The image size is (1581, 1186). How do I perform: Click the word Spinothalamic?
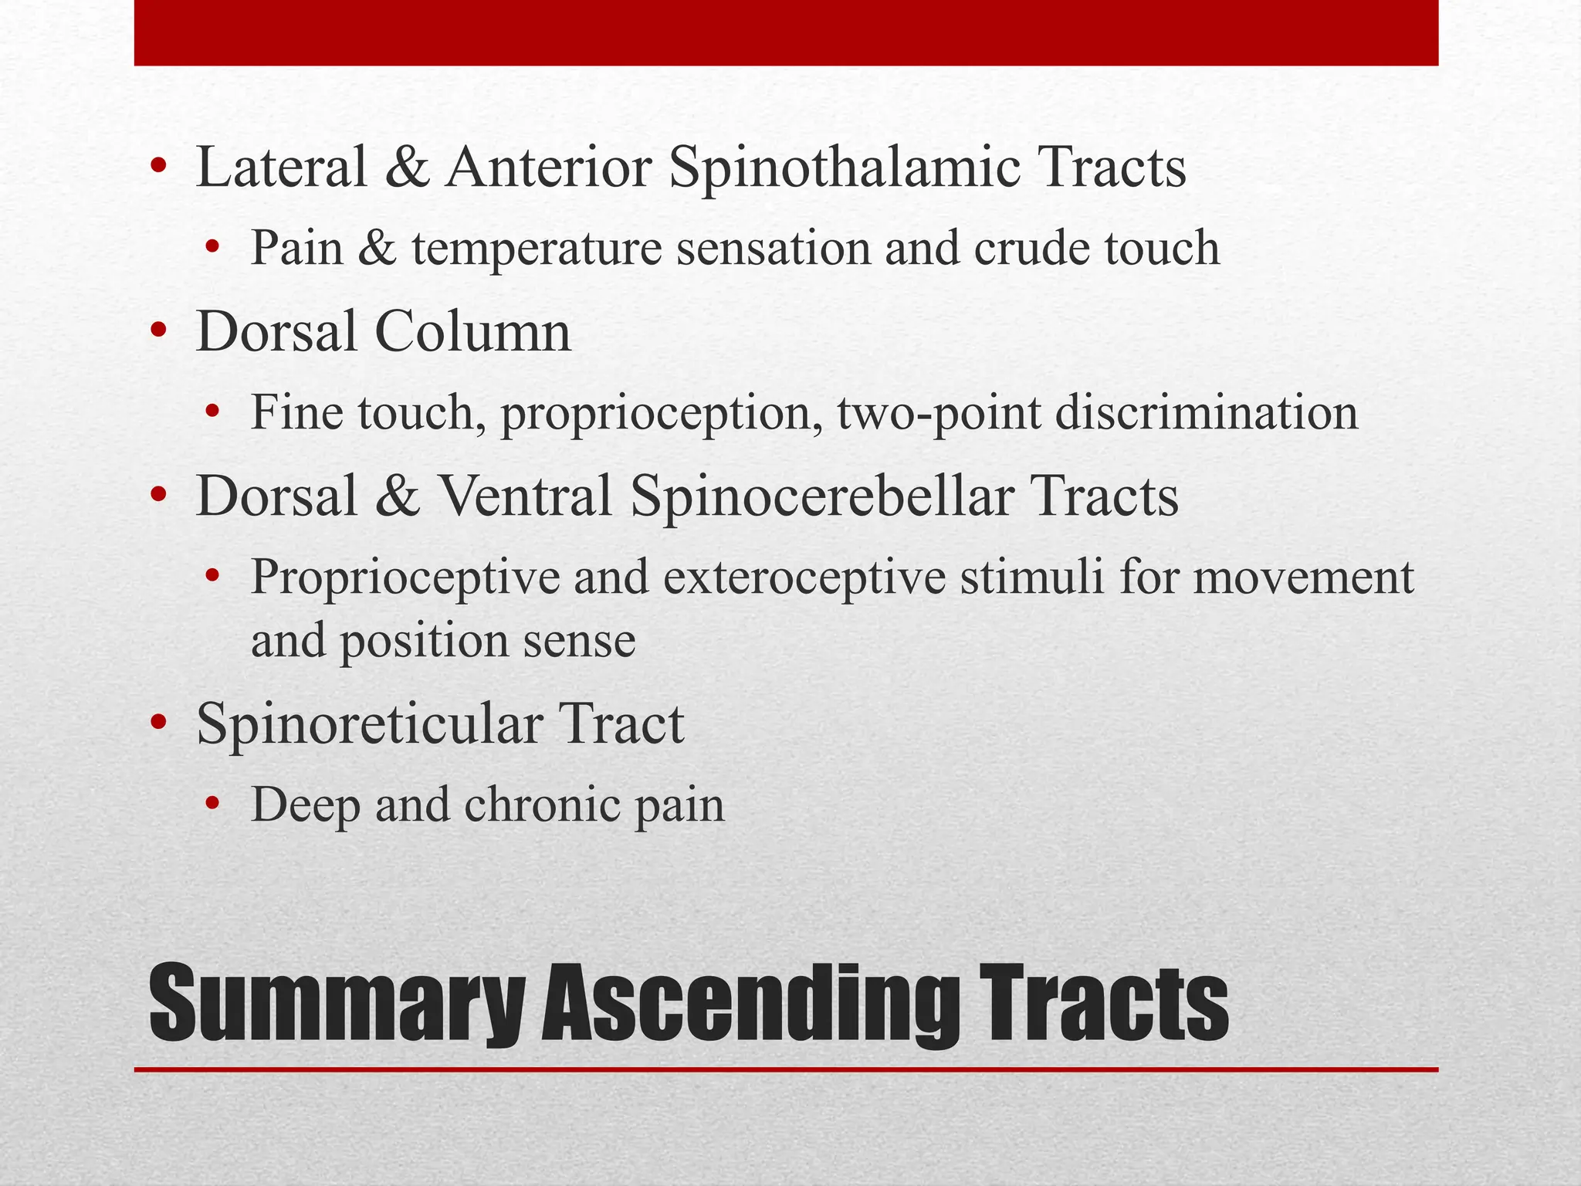click(843, 168)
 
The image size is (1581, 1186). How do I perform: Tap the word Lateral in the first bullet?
click(282, 168)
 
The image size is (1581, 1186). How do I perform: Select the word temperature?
click(537, 249)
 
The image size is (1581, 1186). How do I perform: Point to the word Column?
click(472, 332)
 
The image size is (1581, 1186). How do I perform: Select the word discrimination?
click(1206, 412)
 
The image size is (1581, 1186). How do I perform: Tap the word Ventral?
click(525, 496)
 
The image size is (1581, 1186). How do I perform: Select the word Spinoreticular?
click(369, 724)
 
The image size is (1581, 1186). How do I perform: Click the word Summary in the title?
click(337, 1004)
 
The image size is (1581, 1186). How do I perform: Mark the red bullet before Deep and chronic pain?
click(213, 806)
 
